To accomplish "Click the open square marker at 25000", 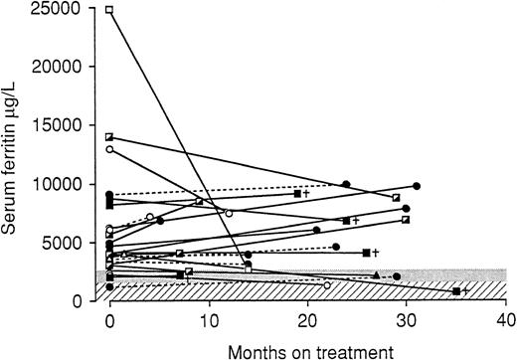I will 109,10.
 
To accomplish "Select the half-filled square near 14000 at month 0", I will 109,137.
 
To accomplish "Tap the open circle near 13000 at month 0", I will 109,149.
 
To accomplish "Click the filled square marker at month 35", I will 455,291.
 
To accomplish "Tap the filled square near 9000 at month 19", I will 297,194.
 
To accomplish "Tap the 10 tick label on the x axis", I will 208,320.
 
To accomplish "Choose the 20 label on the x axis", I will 307,320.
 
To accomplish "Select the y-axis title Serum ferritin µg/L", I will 13,154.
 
